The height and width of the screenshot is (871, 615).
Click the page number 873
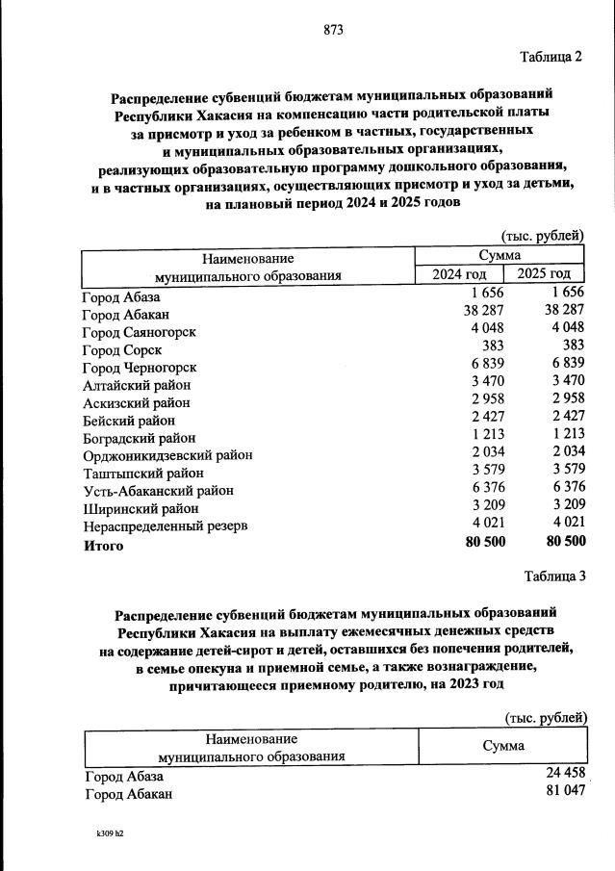tap(334, 30)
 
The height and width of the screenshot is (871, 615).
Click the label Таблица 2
tap(551, 57)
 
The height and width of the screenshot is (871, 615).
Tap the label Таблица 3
tap(554, 576)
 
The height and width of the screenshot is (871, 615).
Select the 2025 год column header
tap(551, 275)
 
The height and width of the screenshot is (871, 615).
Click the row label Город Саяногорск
tap(140, 332)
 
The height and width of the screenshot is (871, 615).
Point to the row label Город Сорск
tap(122, 350)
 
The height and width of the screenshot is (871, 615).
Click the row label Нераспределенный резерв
tap(166, 526)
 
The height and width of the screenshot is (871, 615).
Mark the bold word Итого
tap(103, 546)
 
